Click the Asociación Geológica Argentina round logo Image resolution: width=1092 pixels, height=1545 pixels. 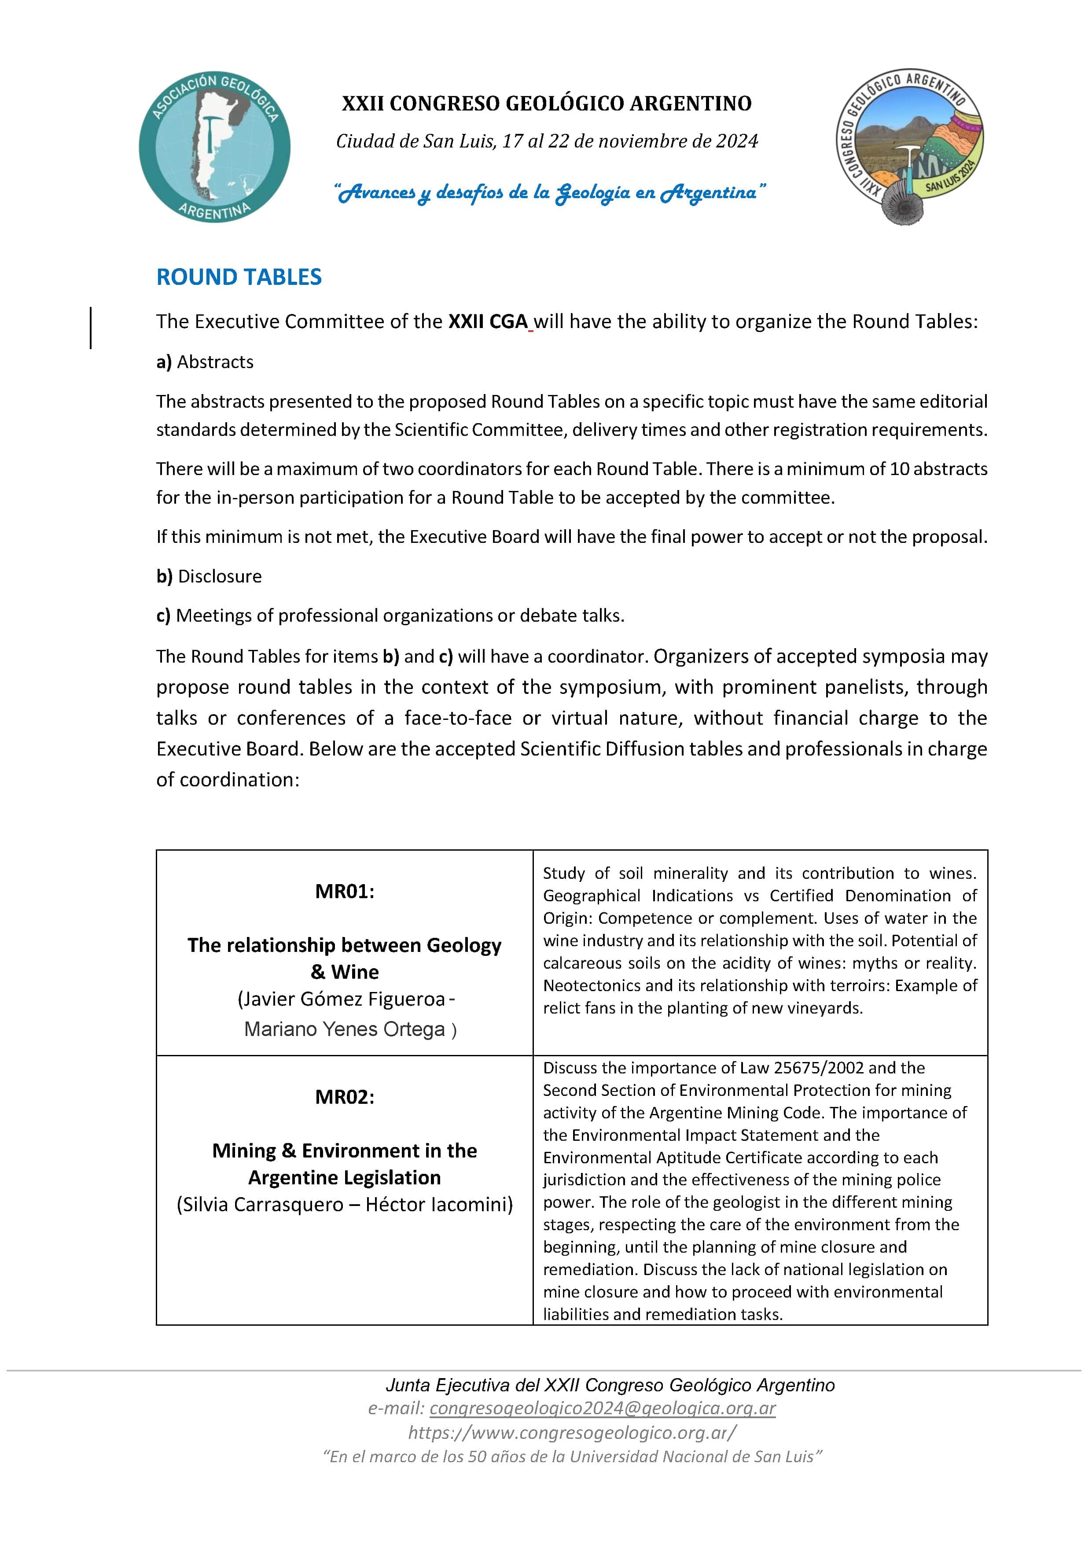[215, 147]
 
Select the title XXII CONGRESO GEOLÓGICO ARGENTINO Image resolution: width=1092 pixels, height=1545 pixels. [546, 103]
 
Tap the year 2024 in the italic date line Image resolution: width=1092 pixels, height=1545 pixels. [737, 141]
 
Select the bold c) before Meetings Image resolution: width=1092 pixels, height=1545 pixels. [163, 616]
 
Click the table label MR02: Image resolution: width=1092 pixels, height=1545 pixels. [345, 1097]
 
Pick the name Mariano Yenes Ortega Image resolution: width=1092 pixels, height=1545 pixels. [345, 1029]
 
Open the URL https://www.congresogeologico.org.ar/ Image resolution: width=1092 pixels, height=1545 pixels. [572, 1433]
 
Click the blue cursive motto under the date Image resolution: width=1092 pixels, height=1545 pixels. [550, 193]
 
